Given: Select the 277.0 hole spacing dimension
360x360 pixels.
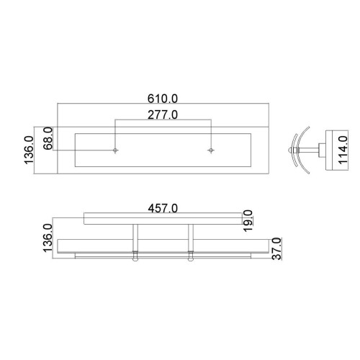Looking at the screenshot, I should tap(162, 114).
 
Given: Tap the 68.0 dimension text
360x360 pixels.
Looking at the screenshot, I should tap(48, 138).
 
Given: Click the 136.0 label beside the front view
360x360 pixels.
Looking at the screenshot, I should tap(48, 238).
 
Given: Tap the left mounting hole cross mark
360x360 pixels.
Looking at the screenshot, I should tap(115, 150).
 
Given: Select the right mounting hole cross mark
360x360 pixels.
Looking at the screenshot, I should tap(210, 150).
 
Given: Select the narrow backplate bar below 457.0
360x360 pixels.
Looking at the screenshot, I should tap(163, 217).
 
